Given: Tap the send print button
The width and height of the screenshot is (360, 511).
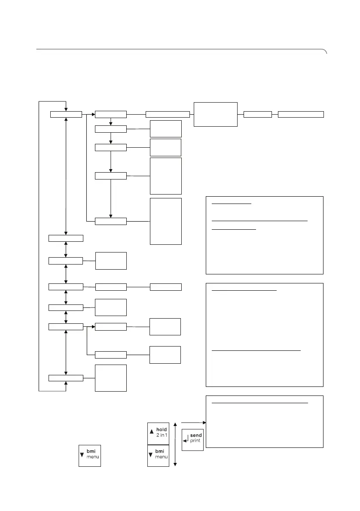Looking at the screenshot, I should coord(192,438).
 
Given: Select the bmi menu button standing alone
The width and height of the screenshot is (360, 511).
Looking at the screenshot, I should coord(90,455).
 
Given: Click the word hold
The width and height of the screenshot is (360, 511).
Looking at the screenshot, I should coord(162,429).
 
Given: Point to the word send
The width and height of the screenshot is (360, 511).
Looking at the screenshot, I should coord(196,435).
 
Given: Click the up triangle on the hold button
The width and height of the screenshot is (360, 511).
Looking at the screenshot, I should coord(151,431).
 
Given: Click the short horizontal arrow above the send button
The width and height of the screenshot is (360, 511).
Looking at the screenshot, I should coord(194,423).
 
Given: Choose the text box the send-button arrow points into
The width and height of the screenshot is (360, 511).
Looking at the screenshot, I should coord(265,422).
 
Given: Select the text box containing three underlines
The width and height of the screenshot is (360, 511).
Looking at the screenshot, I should coord(265,235).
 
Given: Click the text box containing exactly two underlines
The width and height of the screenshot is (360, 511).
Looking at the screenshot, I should coord(265,335).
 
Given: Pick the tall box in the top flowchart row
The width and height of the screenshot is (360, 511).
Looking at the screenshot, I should coord(216,114).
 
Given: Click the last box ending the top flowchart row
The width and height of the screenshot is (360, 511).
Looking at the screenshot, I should coord(301,114).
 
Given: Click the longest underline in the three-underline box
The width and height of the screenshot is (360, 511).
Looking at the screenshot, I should coord(260,220).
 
